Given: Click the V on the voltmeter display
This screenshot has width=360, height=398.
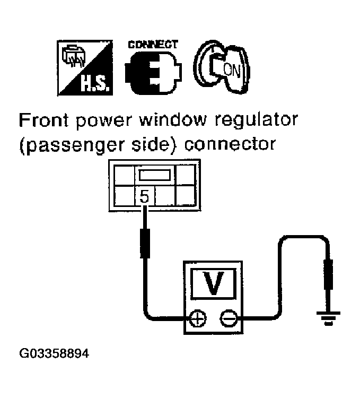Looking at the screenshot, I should coord(214,284).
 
